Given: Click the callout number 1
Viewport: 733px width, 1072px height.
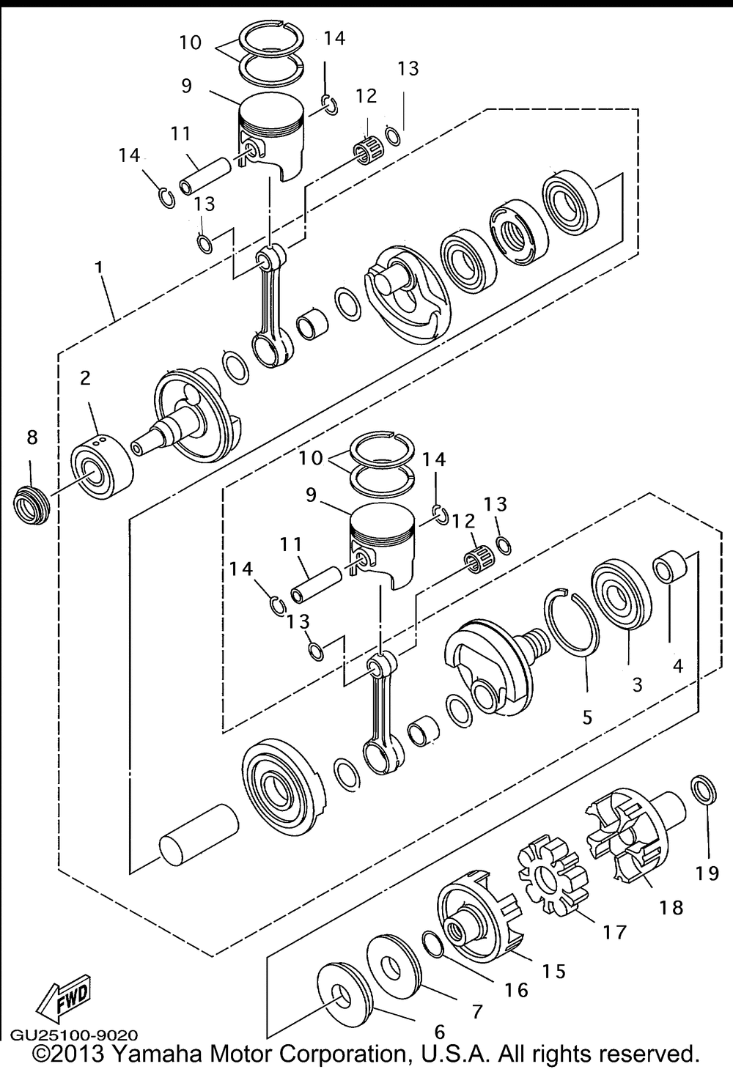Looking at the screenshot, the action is pos(99,267).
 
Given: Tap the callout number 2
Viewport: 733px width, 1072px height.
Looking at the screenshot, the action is pos(85,378).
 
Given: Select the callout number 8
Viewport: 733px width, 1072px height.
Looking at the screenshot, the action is pos(32,437).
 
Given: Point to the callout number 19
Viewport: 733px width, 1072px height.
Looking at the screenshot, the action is pos(708,873).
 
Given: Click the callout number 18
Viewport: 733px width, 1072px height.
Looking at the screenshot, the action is pos(671,907).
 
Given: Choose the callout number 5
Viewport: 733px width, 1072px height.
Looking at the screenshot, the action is pos(587,718).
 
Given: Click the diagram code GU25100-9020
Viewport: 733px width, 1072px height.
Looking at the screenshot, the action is pos(74,1035).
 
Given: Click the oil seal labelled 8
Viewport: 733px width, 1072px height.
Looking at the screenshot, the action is pos(31,504).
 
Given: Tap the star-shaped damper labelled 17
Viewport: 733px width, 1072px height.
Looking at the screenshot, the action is pos(553,874).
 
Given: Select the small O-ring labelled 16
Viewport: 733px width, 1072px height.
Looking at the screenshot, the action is pos(434,945).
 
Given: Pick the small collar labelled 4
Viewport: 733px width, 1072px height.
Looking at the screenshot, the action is pos(671,567).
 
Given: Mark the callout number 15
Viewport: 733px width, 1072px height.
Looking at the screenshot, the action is pos(554,972).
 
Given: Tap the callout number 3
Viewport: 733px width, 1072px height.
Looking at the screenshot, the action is pos(637,685).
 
